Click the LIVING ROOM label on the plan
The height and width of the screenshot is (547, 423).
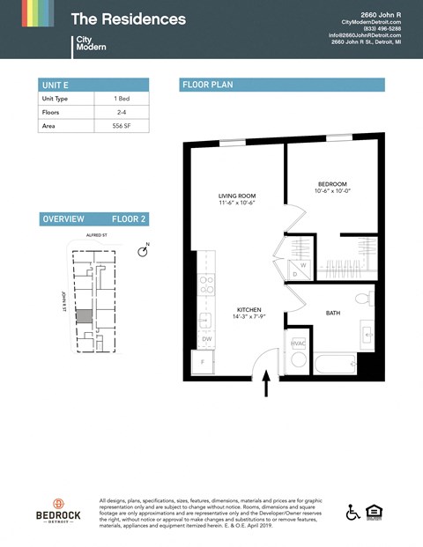pyautogui.click(x=236, y=196)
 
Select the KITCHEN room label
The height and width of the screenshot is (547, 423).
pyautogui.click(x=249, y=311)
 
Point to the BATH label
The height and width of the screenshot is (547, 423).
pyautogui.click(x=332, y=313)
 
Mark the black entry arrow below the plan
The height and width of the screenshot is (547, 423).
pyautogui.click(x=266, y=384)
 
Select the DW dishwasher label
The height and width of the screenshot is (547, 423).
pyautogui.click(x=207, y=338)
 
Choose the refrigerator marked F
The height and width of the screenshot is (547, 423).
pyautogui.click(x=204, y=362)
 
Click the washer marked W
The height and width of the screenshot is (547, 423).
pyautogui.click(x=303, y=263)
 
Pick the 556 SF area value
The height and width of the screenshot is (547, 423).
pyautogui.click(x=122, y=127)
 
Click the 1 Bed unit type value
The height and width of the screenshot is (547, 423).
pyautogui.click(x=122, y=99)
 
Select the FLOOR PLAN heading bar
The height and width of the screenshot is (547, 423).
pyautogui.click(x=282, y=85)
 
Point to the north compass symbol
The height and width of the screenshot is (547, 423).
pyautogui.click(x=143, y=252)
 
